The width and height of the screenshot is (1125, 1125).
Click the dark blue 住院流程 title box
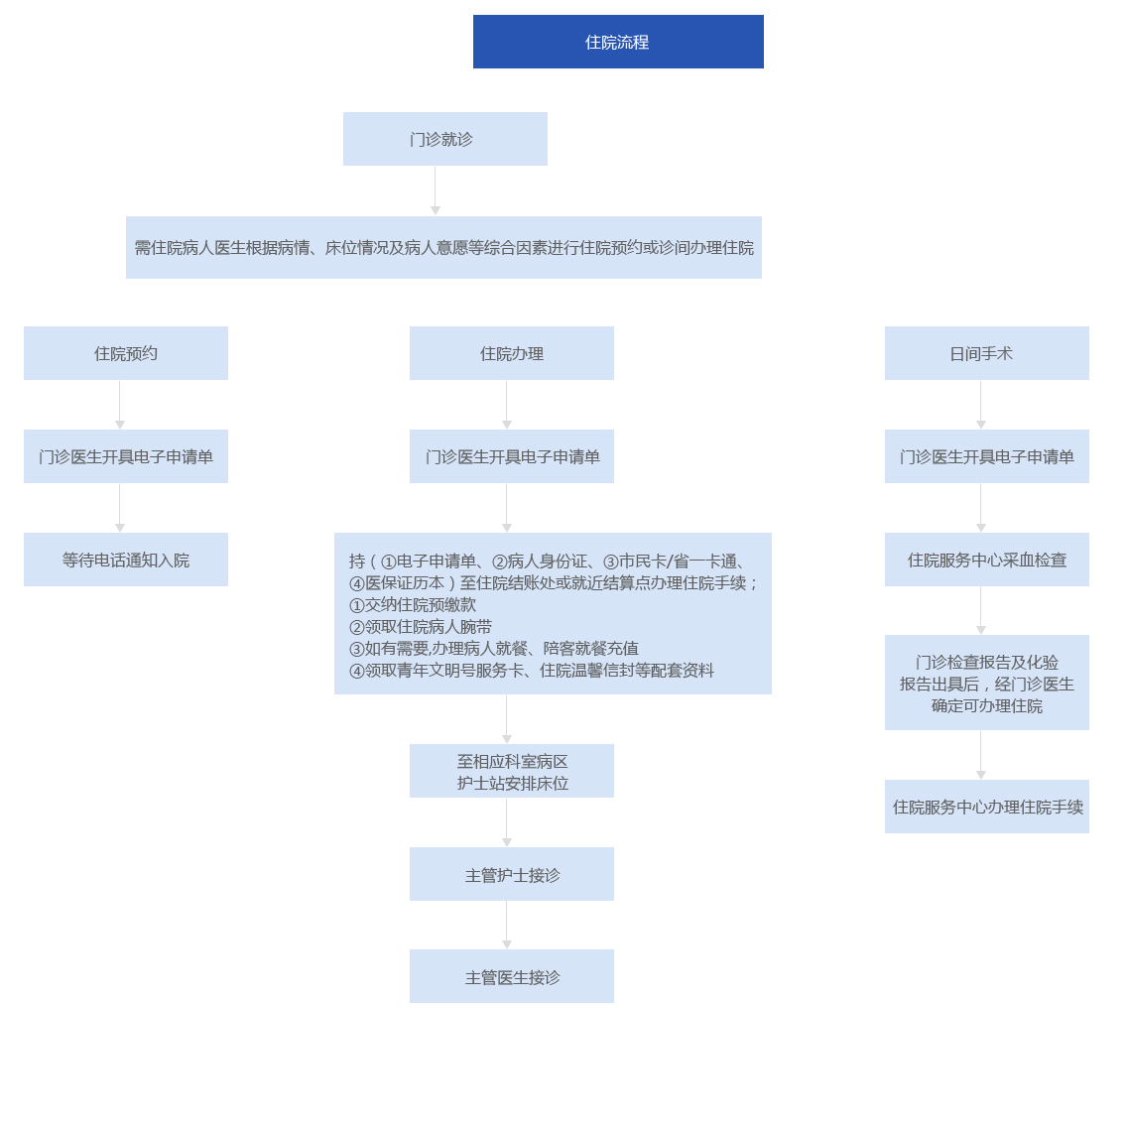coord(618,42)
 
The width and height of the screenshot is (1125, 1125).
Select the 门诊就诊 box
coord(444,139)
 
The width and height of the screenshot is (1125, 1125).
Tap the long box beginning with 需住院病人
coord(443,248)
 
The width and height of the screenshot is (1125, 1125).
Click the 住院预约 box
coord(126,353)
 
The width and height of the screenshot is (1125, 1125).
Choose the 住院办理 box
coord(511,353)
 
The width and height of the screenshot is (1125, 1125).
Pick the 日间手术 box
coord(986,353)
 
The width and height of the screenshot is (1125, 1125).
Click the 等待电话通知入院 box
coord(126,560)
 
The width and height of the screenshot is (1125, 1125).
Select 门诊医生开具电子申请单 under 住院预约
coord(126,456)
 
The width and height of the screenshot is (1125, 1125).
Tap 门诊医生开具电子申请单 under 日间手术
coord(986,456)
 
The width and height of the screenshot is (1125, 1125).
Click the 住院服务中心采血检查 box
coord(986,560)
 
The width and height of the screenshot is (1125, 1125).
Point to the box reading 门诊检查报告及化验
coord(986,683)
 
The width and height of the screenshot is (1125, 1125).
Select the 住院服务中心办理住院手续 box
coord(986,807)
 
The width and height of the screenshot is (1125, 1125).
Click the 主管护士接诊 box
coord(511,874)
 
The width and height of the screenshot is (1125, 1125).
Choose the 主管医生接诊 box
coord(511,976)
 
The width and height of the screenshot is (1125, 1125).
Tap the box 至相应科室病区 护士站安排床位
coord(511,771)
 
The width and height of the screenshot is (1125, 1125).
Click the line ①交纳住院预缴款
coord(413,605)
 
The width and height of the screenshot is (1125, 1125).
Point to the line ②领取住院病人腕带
coord(421,627)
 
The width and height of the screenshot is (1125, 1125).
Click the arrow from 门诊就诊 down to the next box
coord(436,190)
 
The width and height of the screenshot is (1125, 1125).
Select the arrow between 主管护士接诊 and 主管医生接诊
coord(507,925)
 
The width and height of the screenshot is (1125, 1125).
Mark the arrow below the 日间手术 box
coord(981,405)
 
